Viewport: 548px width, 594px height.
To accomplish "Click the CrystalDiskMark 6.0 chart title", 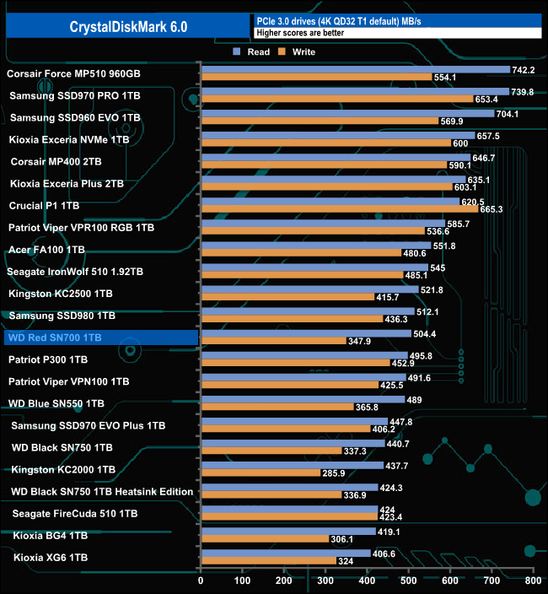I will [128, 26].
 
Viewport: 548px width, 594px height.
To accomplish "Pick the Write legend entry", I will [298, 52].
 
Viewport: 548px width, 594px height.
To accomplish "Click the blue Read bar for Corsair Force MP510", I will [355, 70].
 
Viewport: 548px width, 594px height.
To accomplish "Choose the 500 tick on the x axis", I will [408, 580].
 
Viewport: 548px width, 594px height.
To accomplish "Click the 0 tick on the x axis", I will [201, 580].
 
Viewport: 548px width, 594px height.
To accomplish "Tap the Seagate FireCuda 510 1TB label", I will [75, 513].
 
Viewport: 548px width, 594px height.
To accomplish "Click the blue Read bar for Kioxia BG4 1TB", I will [287, 531].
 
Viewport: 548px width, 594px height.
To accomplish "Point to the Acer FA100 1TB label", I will [46, 250].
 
